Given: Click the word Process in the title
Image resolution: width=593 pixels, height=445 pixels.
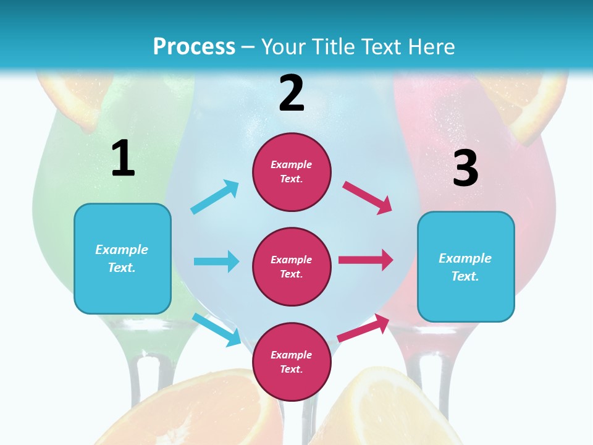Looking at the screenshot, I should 194,47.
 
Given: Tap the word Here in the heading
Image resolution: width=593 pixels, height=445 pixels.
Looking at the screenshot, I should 431,47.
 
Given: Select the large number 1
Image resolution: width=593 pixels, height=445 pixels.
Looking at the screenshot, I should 123,159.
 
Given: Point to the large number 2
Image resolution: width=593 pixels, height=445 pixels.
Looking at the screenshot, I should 292,93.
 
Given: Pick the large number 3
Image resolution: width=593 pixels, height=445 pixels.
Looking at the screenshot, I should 465,168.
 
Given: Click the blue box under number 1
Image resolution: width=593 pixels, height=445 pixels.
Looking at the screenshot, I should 122,258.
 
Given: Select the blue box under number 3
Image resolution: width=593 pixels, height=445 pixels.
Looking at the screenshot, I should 466,266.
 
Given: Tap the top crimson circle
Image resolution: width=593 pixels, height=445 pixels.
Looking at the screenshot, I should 292,172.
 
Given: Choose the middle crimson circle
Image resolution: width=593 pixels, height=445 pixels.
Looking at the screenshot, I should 292,266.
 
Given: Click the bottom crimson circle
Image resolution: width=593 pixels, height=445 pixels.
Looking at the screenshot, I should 292,362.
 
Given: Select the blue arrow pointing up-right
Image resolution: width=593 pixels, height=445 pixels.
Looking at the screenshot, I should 215,197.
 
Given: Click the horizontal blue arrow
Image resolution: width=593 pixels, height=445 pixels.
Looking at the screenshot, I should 216,261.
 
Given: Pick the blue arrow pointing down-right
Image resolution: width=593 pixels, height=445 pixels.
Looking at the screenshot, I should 217,329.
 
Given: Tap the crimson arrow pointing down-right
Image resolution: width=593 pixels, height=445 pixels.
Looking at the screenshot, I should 368,197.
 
